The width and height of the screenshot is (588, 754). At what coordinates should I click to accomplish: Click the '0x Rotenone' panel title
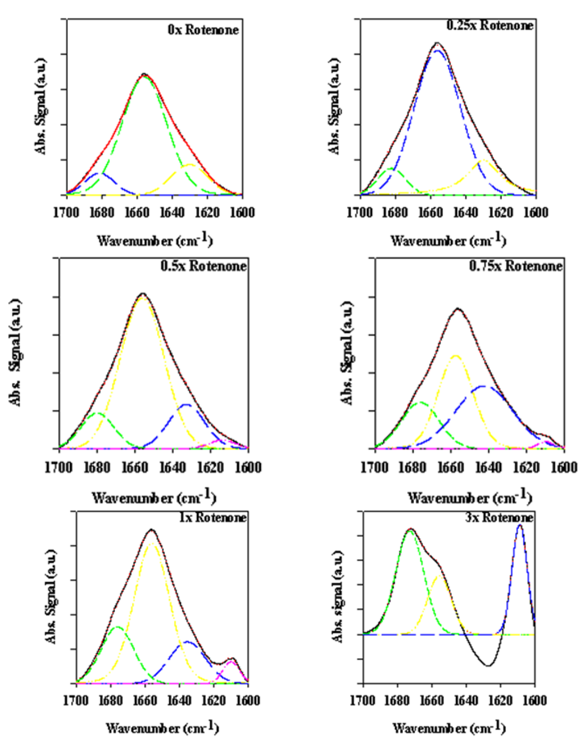point(203,29)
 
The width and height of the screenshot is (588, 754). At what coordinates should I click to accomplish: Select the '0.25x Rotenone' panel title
point(489,25)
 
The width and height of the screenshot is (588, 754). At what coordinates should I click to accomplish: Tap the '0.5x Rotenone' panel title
point(204,266)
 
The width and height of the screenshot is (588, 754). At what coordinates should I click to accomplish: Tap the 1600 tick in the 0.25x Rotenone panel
point(535,212)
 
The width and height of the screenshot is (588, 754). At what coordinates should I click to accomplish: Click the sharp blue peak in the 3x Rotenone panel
point(520,525)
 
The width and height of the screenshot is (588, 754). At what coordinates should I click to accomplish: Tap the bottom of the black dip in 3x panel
point(488,666)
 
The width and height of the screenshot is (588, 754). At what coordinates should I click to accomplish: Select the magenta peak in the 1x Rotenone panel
point(231,662)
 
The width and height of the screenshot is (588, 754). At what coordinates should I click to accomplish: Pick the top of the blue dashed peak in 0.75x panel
point(482,386)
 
